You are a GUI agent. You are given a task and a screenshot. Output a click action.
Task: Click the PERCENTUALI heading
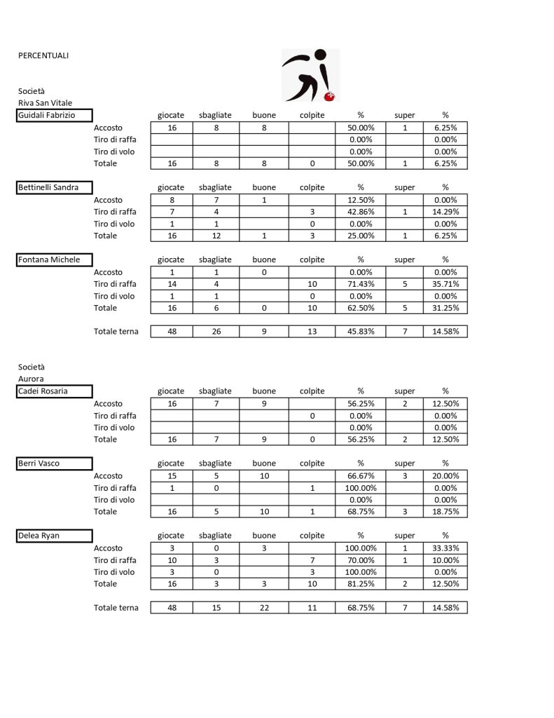43,55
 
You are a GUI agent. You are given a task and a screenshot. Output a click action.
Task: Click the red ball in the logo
331,95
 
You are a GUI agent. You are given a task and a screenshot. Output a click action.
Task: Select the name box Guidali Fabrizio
55,116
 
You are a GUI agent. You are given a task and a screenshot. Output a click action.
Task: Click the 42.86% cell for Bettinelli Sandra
361,212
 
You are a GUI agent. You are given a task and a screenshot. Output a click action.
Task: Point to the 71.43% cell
361,284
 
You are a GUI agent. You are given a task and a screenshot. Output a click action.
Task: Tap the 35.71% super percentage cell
445,284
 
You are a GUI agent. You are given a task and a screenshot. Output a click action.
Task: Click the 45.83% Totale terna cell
361,332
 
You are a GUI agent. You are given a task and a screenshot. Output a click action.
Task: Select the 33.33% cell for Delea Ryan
445,548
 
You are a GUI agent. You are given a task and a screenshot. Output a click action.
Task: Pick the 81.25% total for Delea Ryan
361,584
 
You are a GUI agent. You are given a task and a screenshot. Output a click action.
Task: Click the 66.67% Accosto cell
361,476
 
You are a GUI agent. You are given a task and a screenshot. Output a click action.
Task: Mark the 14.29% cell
445,212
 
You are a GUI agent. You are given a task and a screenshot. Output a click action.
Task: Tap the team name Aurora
31,379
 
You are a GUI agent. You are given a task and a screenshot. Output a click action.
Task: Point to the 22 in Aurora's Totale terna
264,608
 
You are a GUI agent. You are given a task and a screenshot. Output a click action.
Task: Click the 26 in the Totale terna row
216,332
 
